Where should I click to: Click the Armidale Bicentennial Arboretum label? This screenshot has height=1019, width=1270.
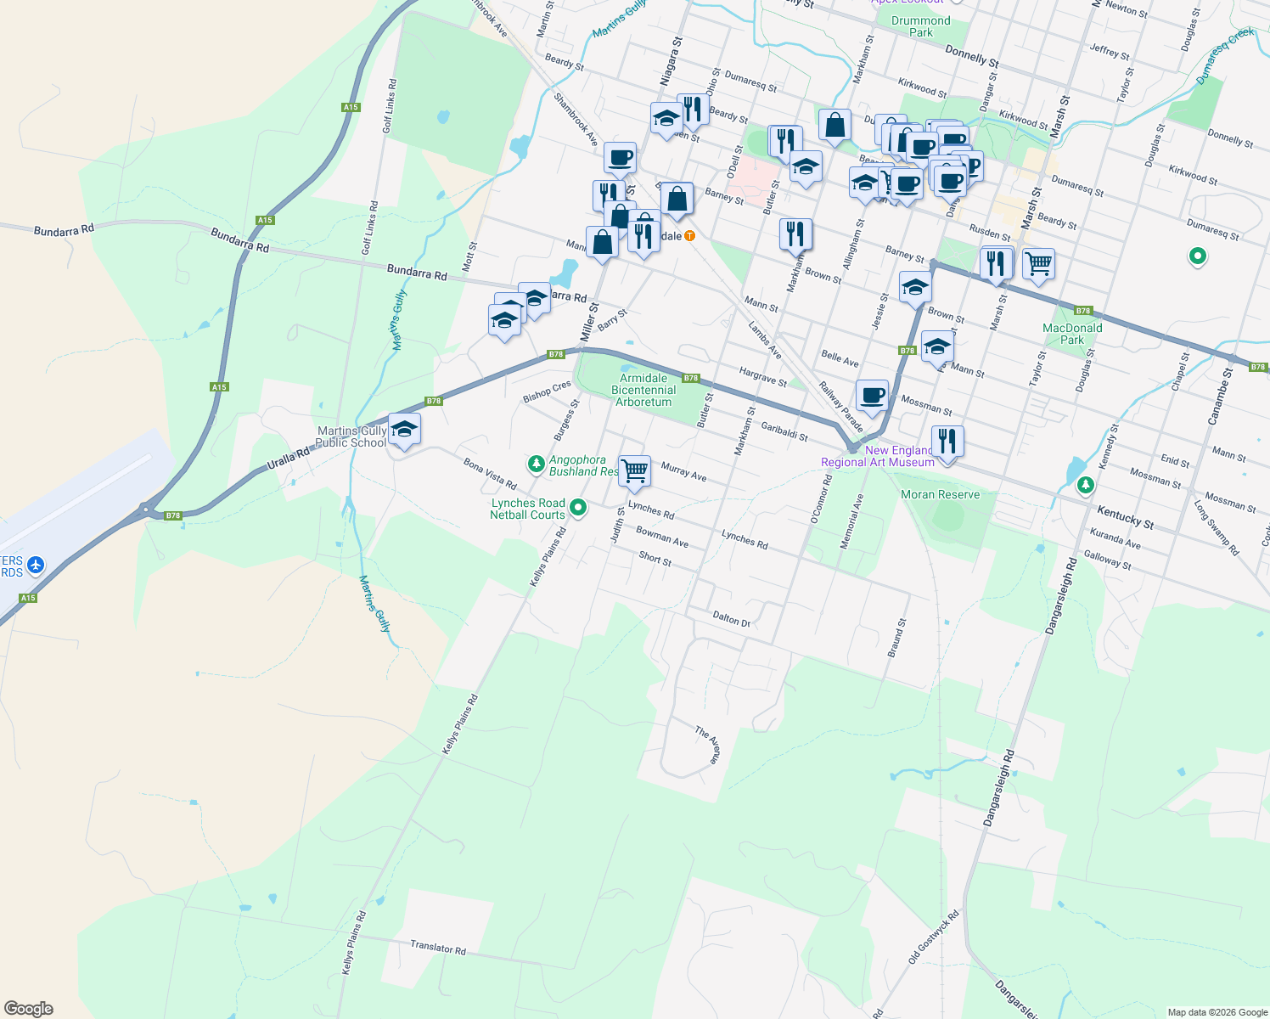[643, 391]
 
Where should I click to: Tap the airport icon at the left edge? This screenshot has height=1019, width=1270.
[35, 565]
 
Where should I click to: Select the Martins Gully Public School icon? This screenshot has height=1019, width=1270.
[404, 430]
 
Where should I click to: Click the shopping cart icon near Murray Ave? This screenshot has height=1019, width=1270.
[635, 470]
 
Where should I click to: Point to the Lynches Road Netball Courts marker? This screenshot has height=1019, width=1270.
[578, 508]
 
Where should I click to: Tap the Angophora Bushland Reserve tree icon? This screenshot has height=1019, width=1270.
[536, 464]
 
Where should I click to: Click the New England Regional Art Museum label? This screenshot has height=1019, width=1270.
[878, 457]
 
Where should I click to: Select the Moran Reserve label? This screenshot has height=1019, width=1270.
[940, 495]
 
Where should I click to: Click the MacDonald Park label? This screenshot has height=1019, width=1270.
[1072, 334]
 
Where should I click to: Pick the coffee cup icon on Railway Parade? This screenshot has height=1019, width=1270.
[872, 395]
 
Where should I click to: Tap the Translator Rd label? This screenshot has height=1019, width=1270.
[438, 947]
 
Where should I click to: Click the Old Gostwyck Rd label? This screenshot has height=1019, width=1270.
[933, 936]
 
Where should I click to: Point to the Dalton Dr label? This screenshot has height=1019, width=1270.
[731, 619]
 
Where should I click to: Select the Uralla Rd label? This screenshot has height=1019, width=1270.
[289, 456]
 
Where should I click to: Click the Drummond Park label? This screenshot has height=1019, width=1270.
[921, 26]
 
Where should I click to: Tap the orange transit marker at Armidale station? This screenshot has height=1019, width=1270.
[690, 235]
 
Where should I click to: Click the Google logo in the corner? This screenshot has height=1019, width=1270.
[28, 1009]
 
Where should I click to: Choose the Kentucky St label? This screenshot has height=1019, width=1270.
[1125, 517]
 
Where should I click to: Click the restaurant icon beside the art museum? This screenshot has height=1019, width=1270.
[947, 442]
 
